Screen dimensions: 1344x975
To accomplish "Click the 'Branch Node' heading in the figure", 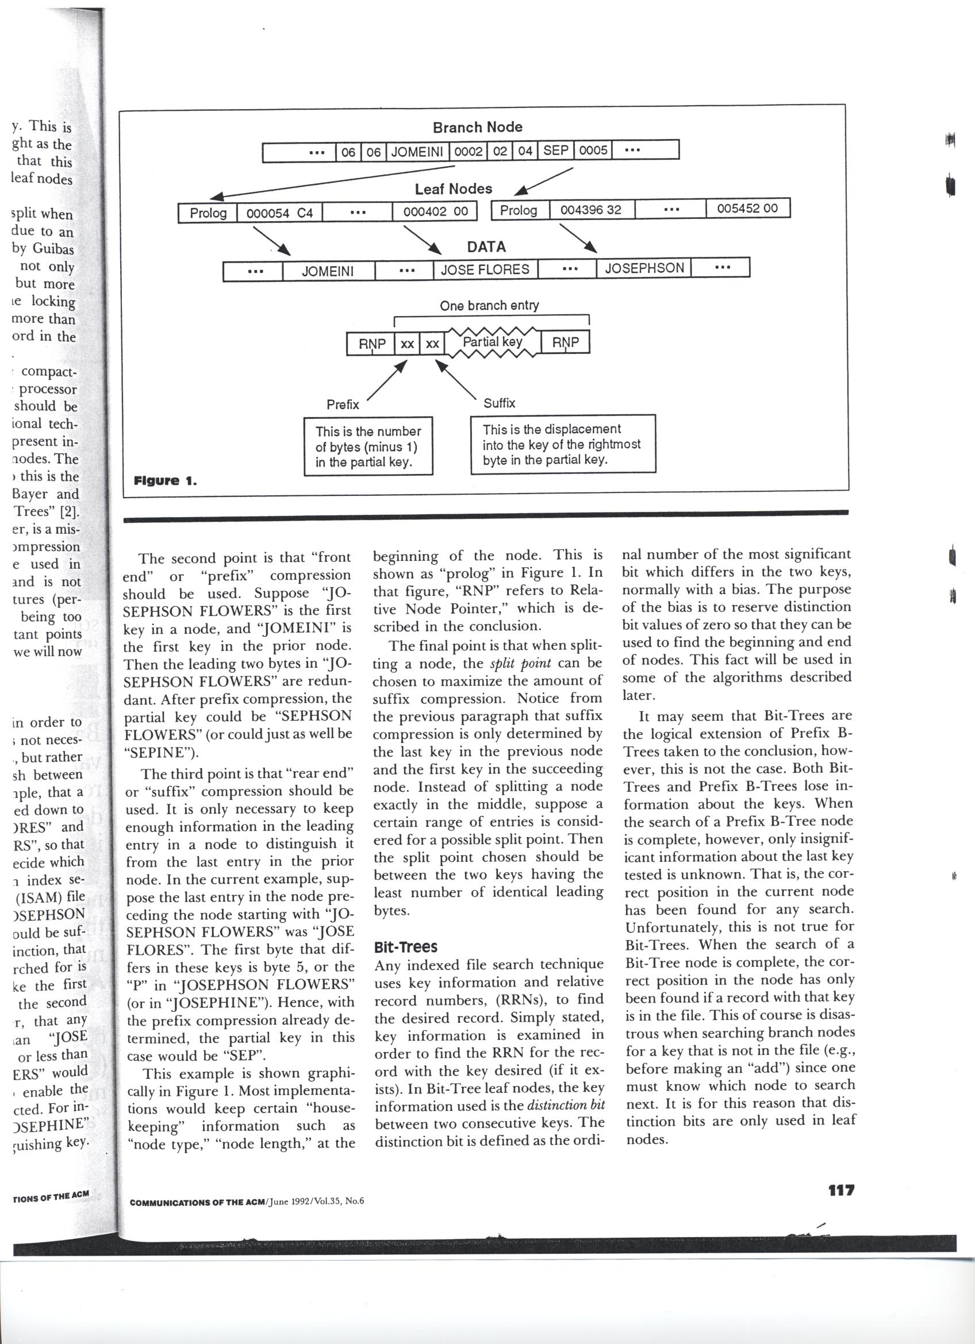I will pyautogui.click(x=477, y=128).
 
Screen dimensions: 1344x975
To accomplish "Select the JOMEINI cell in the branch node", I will pyautogui.click(x=417, y=152).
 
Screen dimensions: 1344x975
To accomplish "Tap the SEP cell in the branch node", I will pyautogui.click(x=555, y=151).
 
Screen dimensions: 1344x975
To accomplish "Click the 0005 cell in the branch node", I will pyautogui.click(x=593, y=151).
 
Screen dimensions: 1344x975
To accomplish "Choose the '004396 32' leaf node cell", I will pyautogui.click(x=591, y=210).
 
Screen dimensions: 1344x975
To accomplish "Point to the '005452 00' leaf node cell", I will pyautogui.click(x=747, y=209).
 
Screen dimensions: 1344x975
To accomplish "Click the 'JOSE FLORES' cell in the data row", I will pyautogui.click(x=485, y=269).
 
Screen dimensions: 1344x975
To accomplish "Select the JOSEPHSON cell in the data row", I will pyautogui.click(x=644, y=268).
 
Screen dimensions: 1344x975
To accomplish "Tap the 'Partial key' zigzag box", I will pyautogui.click(x=493, y=342).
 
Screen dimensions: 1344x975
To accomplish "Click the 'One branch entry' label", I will pyautogui.click(x=489, y=306).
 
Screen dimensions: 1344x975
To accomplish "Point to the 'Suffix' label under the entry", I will pyautogui.click(x=499, y=403).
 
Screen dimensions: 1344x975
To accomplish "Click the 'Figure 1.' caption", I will pyautogui.click(x=166, y=480).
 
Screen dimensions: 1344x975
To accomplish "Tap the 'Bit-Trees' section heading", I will pyautogui.click(x=405, y=947).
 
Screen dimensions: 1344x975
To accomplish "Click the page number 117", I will pyautogui.click(x=841, y=1190).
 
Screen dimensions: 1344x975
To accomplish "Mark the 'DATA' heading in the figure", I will pyautogui.click(x=486, y=247).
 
